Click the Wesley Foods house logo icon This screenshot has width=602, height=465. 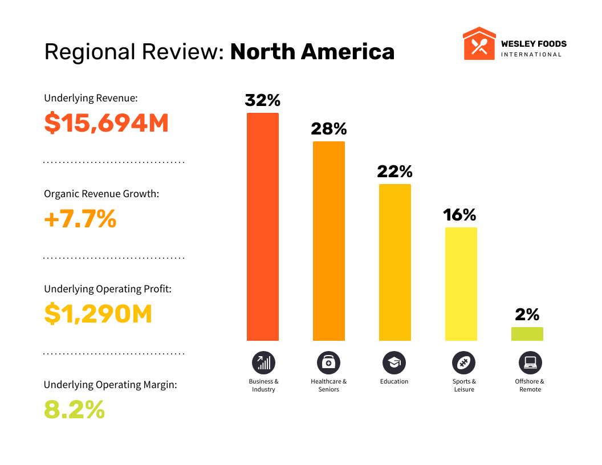(479, 43)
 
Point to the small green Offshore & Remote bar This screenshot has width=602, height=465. (527, 334)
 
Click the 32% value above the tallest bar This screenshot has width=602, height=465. (263, 100)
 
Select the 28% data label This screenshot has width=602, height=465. (329, 129)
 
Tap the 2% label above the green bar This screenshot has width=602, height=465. (527, 315)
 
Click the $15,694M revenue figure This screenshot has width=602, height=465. (107, 123)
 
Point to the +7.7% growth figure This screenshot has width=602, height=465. (80, 219)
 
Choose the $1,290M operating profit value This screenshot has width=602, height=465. (98, 314)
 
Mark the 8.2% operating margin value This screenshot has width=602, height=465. (75, 410)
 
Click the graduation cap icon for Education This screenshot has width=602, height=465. (394, 362)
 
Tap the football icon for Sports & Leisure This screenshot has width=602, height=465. (463, 362)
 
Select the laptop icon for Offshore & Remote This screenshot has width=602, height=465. (530, 362)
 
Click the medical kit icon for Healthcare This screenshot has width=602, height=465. (329, 362)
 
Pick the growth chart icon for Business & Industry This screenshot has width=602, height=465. (263, 362)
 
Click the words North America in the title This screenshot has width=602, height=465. (312, 52)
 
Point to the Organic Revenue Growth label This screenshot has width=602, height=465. (101, 194)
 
